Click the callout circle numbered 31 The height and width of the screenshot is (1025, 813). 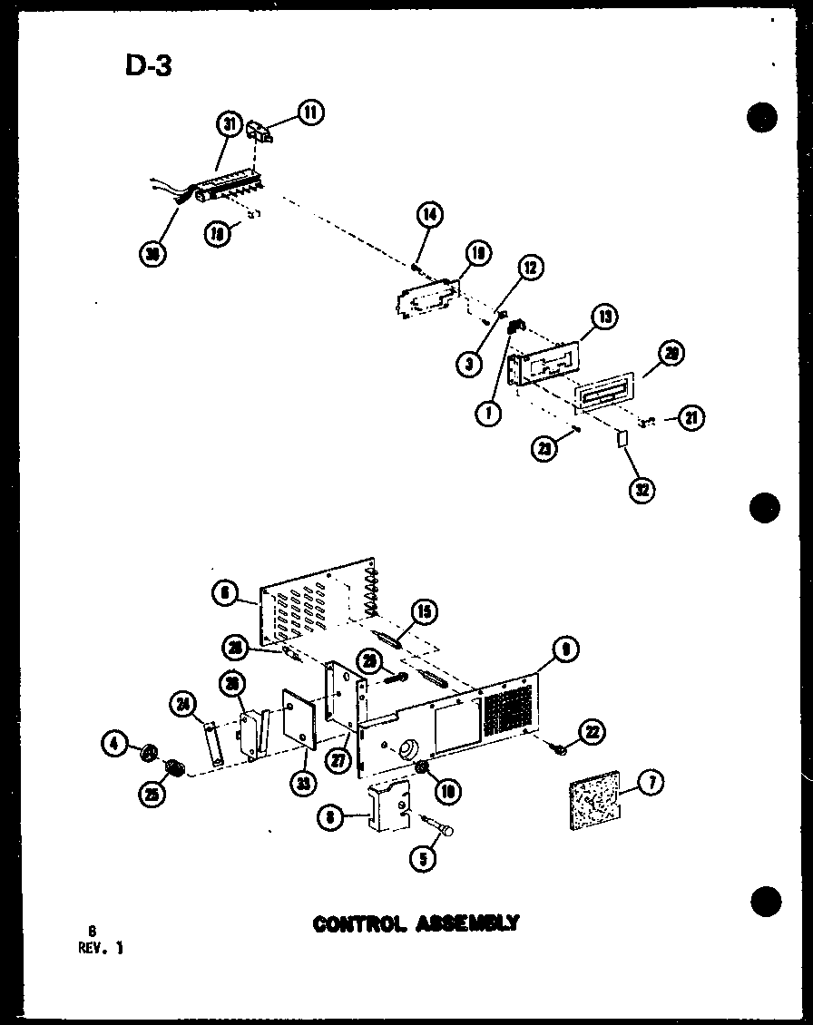(x=230, y=123)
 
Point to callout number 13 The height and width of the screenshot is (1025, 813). (x=605, y=317)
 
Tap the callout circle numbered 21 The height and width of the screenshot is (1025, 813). (x=691, y=418)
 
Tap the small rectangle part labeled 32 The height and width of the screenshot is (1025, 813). (x=622, y=441)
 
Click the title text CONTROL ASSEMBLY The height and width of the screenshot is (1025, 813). (x=416, y=924)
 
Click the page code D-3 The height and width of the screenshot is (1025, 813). (x=147, y=66)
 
